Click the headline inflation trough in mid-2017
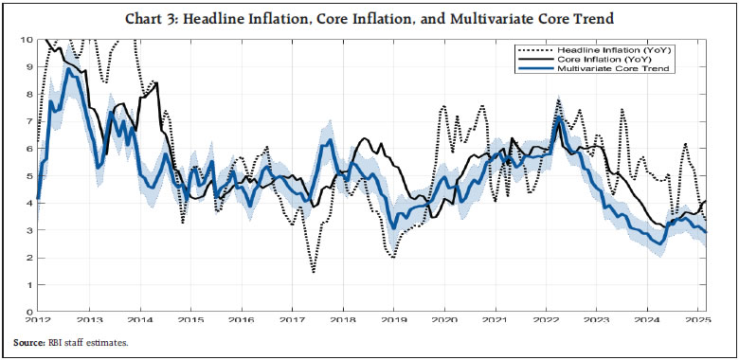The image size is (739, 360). pos(314,272)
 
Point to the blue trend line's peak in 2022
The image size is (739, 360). pos(559,119)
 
